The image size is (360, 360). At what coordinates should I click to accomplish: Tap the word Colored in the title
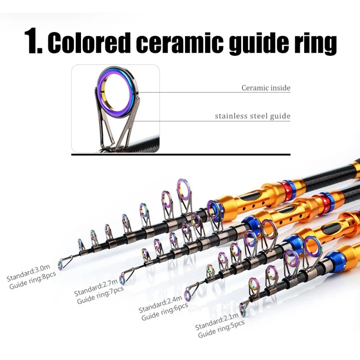click(88, 41)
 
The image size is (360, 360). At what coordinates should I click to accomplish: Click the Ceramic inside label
click(266, 88)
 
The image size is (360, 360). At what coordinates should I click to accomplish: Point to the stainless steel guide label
click(252, 116)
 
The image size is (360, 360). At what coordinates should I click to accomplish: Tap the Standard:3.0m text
click(28, 273)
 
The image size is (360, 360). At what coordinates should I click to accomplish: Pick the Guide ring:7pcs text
click(100, 295)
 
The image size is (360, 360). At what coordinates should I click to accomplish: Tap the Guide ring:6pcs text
click(165, 311)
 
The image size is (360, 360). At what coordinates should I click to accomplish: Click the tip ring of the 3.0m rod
click(61, 265)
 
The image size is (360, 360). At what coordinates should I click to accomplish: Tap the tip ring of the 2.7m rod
click(122, 280)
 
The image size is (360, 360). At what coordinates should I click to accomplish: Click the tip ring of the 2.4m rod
click(187, 295)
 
